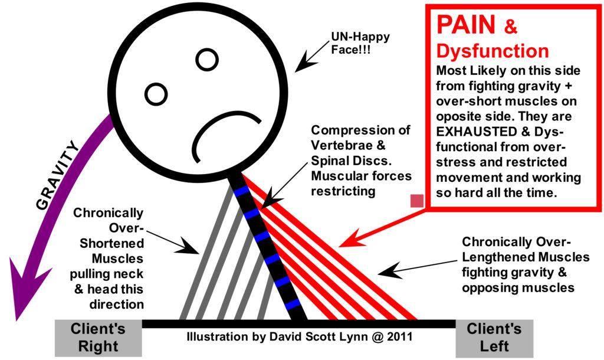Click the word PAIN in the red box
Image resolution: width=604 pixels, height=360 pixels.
[x=466, y=25]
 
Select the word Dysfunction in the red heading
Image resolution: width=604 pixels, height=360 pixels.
[x=493, y=51]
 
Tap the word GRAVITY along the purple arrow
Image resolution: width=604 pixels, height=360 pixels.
[x=57, y=175]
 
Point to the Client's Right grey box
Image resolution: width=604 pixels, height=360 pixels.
[x=99, y=338]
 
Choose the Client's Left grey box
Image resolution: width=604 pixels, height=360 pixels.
[x=494, y=338]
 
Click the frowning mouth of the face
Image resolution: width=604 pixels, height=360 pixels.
[x=222, y=133]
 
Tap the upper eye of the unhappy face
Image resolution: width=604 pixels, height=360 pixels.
[x=207, y=60]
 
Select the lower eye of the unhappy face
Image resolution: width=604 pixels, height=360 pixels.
[x=156, y=94]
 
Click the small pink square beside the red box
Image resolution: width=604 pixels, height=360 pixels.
[x=417, y=201]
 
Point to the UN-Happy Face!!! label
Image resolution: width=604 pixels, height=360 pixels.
[x=360, y=42]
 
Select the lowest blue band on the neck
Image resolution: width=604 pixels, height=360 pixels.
[x=293, y=304]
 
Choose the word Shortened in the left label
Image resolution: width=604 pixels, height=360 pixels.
[x=111, y=244]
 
